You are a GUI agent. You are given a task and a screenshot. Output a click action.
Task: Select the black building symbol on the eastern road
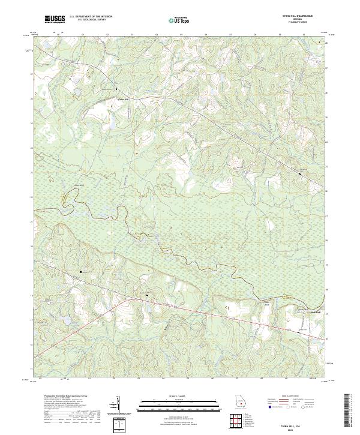click(x=301, y=173)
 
